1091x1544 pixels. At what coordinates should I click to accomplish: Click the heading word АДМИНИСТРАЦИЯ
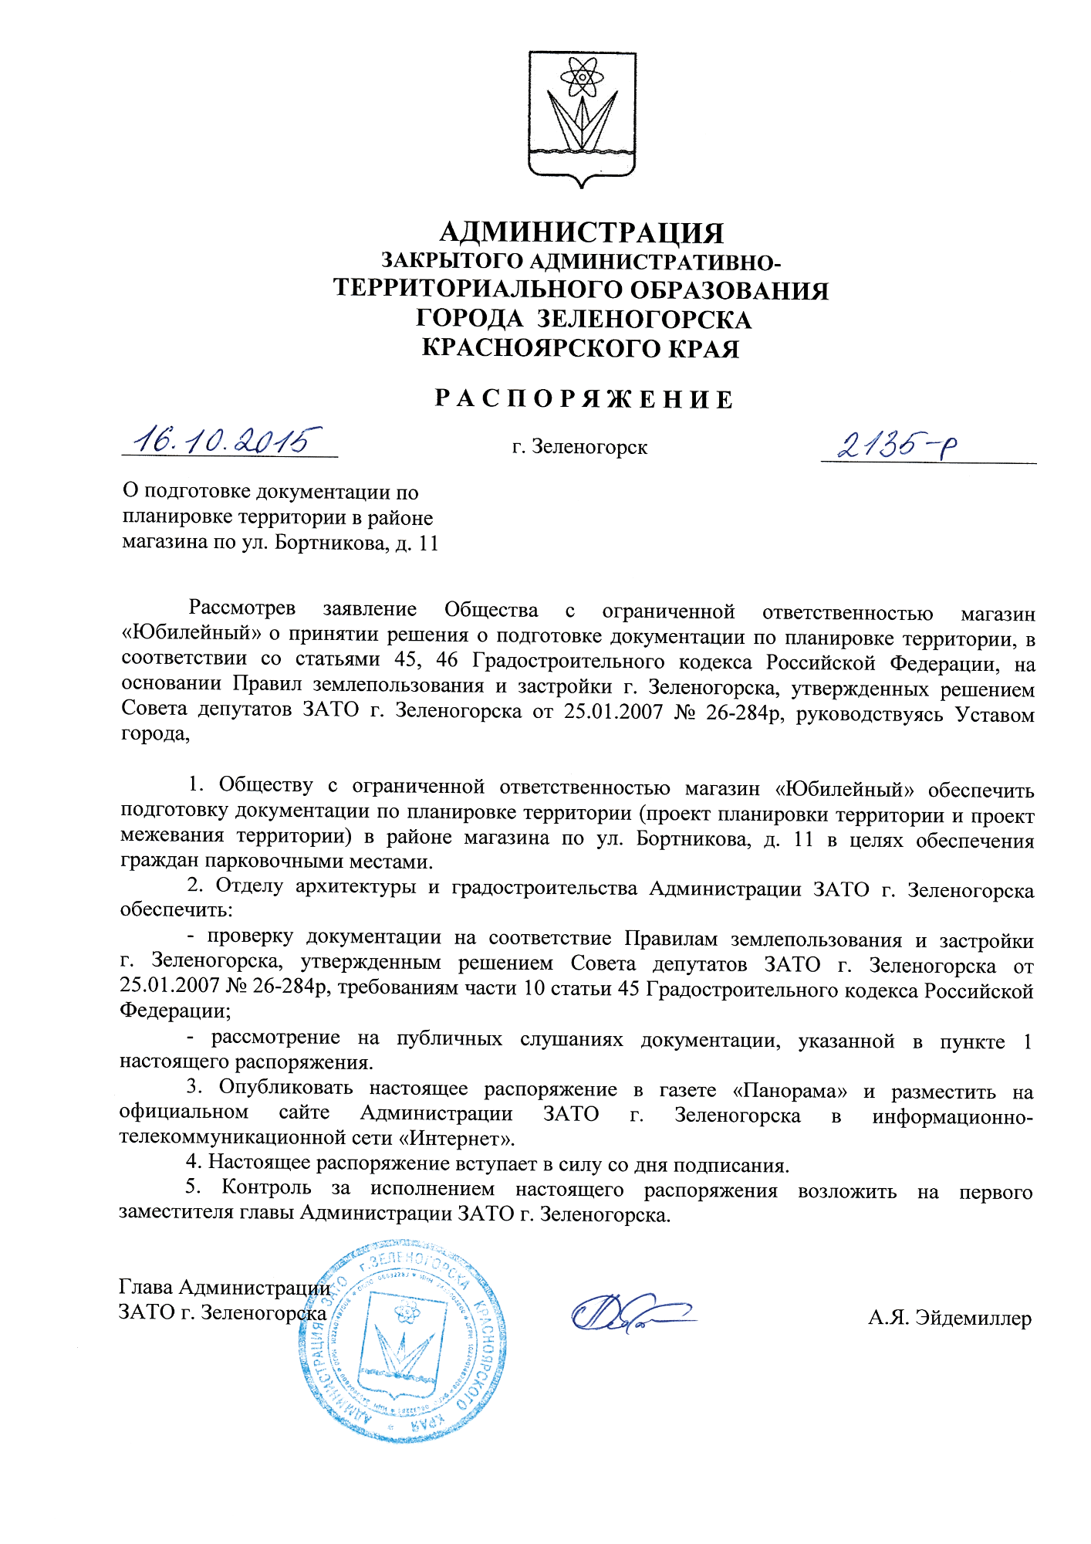pyautogui.click(x=582, y=232)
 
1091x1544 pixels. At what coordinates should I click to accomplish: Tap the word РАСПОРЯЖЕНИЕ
pyautogui.click(x=583, y=399)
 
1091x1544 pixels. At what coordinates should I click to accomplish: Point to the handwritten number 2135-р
pyautogui.click(x=898, y=445)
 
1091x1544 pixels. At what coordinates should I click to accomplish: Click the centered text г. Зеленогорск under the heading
pyautogui.click(x=580, y=447)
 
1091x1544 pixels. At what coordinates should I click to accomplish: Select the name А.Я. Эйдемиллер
pyautogui.click(x=949, y=1318)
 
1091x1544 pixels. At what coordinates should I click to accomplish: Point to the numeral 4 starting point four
pyautogui.click(x=191, y=1163)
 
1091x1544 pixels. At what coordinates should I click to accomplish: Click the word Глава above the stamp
pyautogui.click(x=146, y=1287)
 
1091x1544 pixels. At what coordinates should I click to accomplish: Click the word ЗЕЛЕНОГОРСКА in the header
pyautogui.click(x=643, y=319)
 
